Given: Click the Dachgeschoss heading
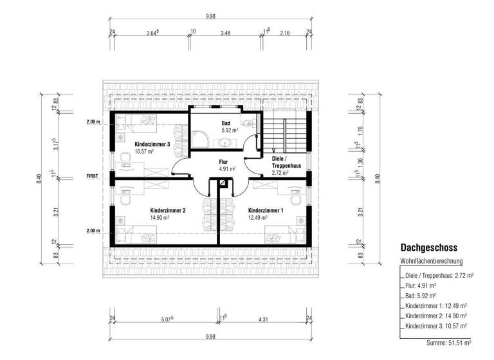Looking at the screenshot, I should pyautogui.click(x=429, y=247).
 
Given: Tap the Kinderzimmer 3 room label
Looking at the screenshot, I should pyautogui.click(x=152, y=145).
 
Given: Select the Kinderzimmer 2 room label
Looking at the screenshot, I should pyautogui.click(x=167, y=211).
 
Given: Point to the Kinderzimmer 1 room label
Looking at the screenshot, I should pyautogui.click(x=266, y=211).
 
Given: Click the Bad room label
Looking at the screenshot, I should pyautogui.click(x=226, y=123).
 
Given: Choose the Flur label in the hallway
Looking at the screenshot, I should pyautogui.click(x=224, y=163).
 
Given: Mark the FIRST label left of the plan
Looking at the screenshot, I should pyautogui.click(x=94, y=174).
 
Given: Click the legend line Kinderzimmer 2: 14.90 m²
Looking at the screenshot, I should pyautogui.click(x=436, y=316).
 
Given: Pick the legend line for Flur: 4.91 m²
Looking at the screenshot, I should pyautogui.click(x=421, y=285).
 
